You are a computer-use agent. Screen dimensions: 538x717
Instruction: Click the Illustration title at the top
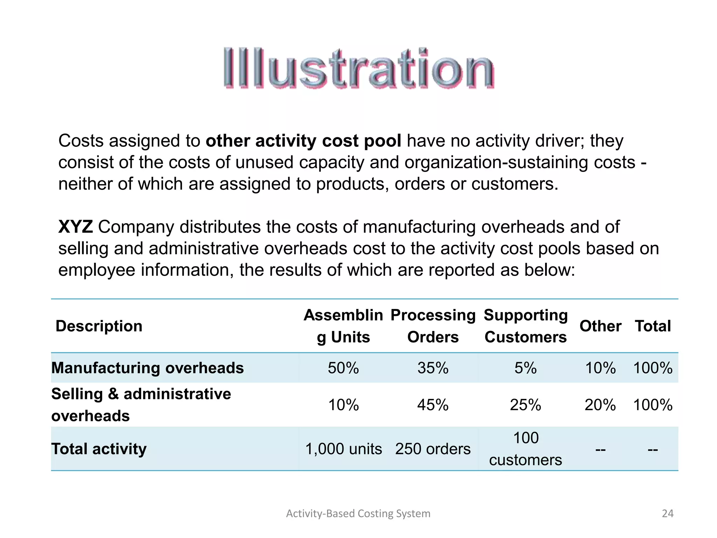[x=358, y=68]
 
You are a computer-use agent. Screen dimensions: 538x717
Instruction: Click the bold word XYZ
[x=75, y=227]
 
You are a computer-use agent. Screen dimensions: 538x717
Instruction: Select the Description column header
[x=99, y=326]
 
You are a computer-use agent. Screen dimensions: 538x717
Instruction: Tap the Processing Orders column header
[x=433, y=326]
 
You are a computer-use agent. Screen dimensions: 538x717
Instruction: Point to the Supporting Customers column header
[x=525, y=326]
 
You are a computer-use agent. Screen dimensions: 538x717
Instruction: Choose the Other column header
[x=600, y=326]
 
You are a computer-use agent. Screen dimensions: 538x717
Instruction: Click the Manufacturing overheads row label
[x=147, y=368]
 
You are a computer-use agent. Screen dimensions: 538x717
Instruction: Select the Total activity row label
[x=99, y=449]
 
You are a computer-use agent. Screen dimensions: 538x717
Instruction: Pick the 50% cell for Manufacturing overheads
[x=343, y=368]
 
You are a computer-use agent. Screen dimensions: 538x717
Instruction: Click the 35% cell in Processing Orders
[x=433, y=368]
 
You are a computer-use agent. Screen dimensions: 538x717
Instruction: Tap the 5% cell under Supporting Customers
[x=525, y=368]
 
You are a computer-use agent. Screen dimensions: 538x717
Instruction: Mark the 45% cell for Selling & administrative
[x=433, y=405]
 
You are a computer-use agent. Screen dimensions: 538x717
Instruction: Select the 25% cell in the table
[x=525, y=405]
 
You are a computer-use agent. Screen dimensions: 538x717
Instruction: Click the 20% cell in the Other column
[x=600, y=405]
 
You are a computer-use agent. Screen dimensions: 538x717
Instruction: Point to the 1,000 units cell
[x=343, y=449]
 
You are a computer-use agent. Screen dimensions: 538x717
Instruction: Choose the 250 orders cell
[x=433, y=449]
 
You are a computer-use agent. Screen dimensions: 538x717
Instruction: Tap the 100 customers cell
[x=525, y=449]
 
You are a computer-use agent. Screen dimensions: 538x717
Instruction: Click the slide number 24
[x=668, y=513]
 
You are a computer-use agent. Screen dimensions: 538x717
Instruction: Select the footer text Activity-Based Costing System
[x=358, y=513]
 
